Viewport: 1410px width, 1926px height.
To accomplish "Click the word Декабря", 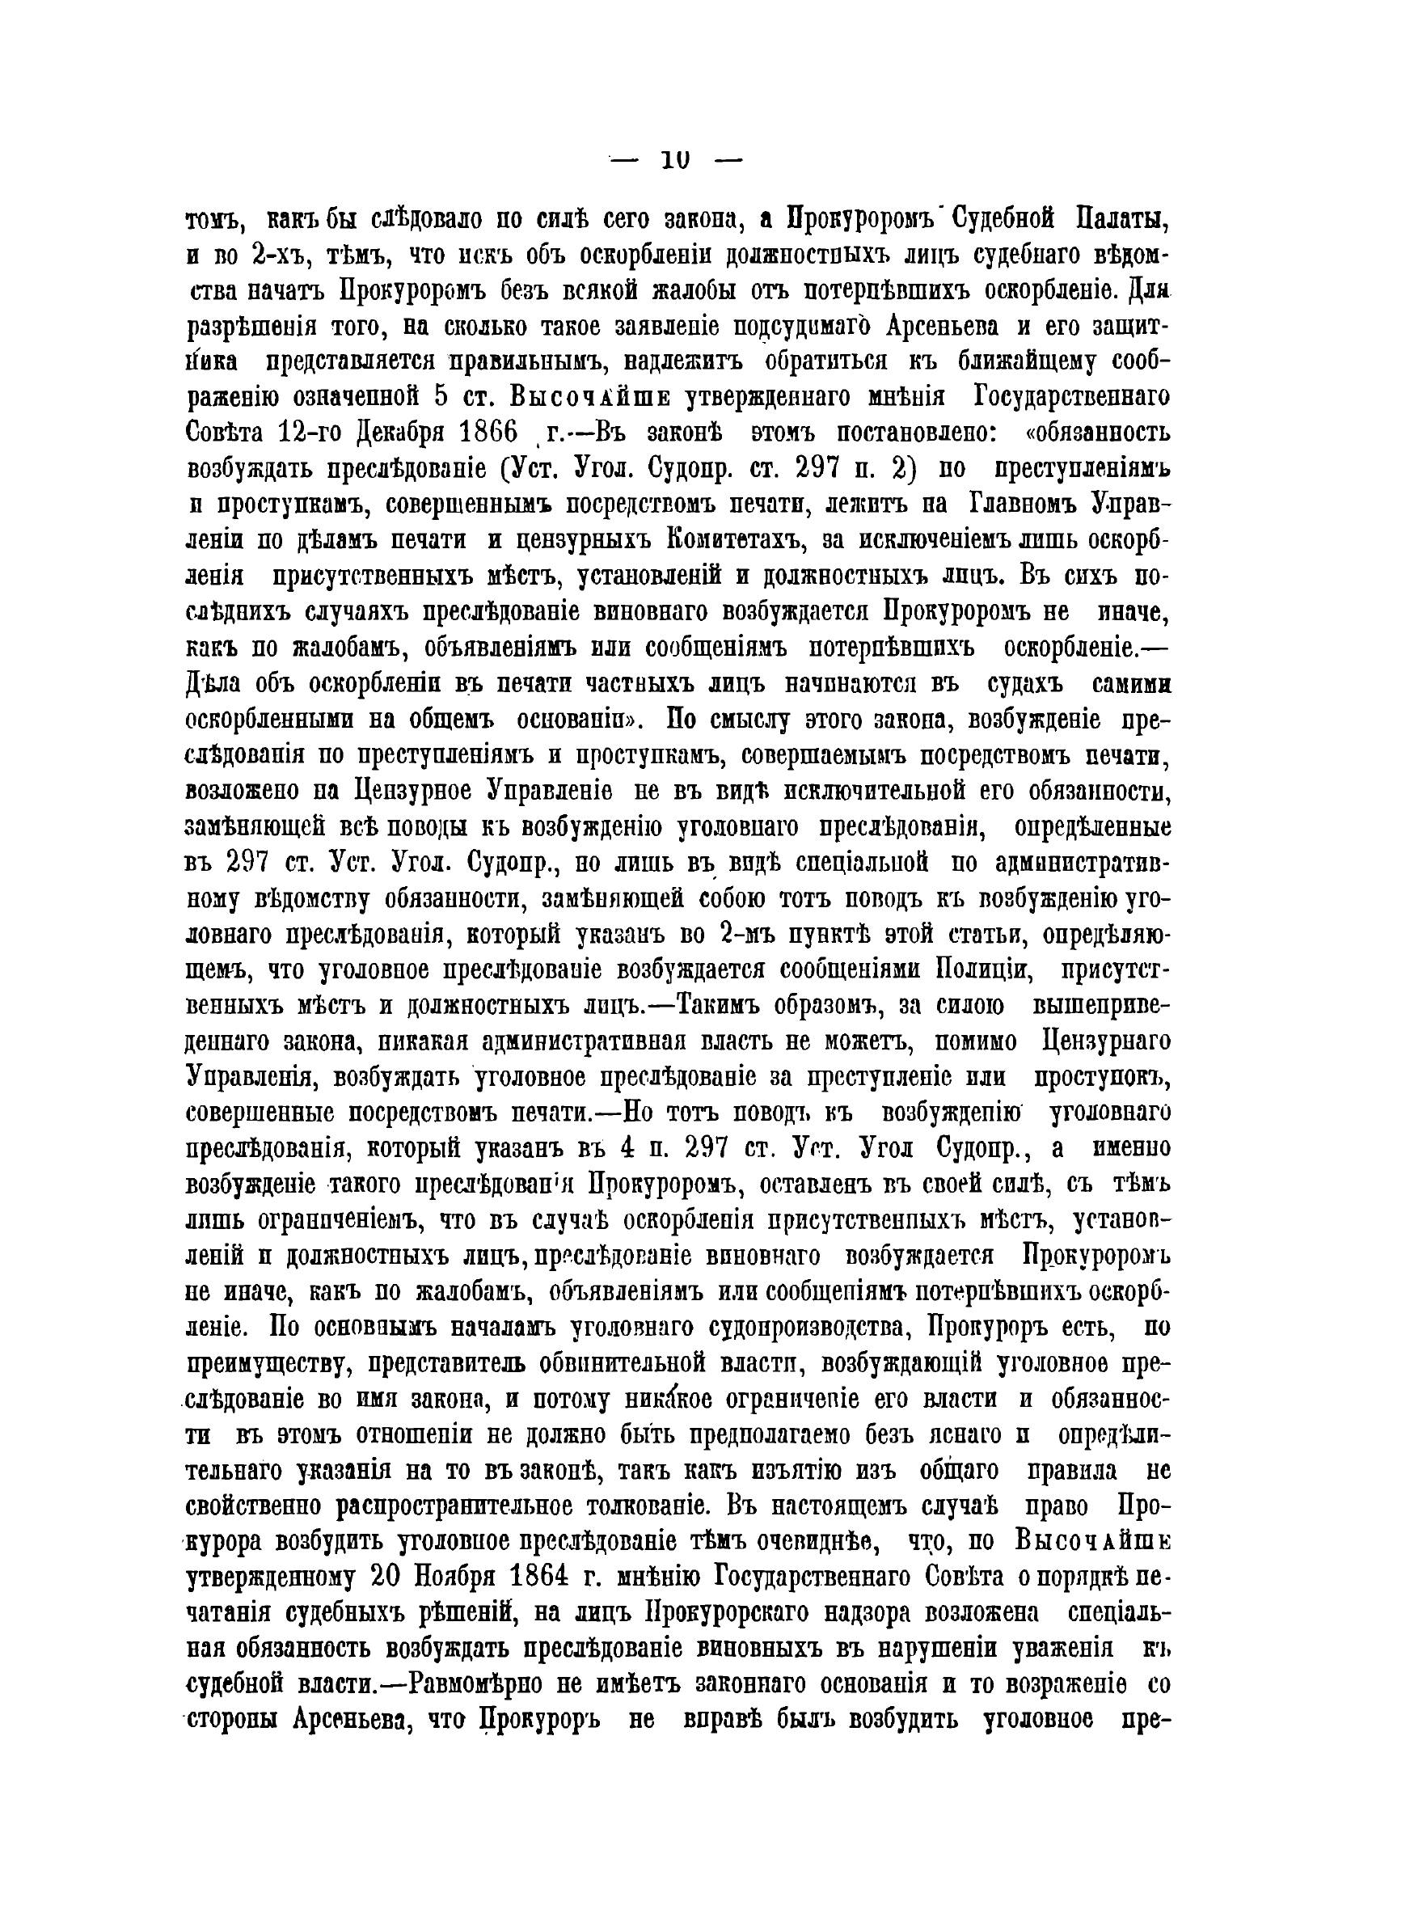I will pyautogui.click(x=383, y=433).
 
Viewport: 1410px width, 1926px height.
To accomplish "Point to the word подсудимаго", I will pyautogui.click(x=798, y=326).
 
